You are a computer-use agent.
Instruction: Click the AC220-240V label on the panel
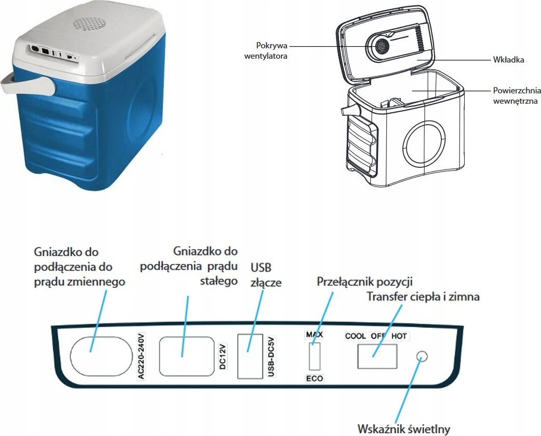[141, 356]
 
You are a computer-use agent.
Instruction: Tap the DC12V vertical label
[223, 356]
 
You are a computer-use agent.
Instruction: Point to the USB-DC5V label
[271, 356]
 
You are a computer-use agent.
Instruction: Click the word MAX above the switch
[314, 335]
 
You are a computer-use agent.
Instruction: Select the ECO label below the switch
[314, 378]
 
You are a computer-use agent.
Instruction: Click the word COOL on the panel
[356, 336]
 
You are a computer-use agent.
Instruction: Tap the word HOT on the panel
[399, 336]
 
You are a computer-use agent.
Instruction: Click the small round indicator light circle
[422, 356]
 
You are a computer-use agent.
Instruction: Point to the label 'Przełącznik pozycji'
[364, 282]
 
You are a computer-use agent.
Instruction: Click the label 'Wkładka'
[509, 60]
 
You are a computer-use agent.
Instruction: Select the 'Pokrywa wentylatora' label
[266, 51]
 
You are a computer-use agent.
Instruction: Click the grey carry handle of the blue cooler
[28, 86]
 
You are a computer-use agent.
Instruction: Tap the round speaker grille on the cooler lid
[89, 24]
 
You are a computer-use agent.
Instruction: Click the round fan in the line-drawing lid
[382, 45]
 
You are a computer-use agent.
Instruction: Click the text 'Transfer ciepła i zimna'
[423, 297]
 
